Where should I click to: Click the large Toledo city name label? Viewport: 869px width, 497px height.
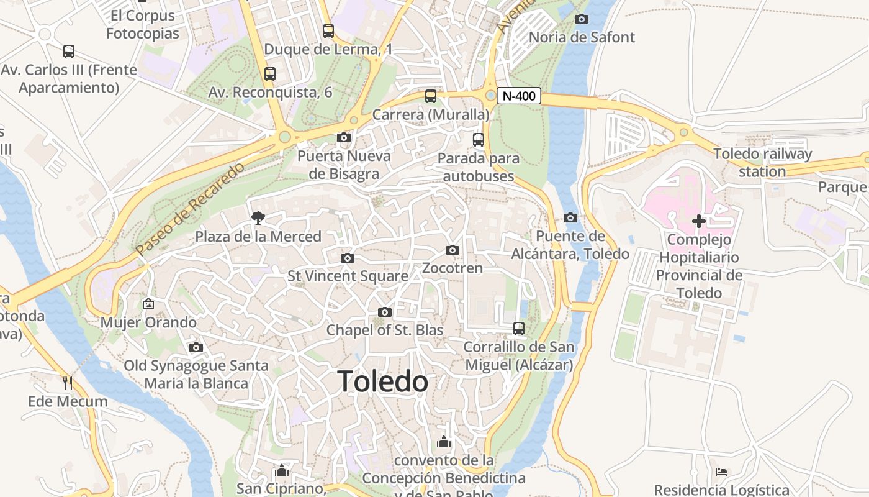click(x=383, y=381)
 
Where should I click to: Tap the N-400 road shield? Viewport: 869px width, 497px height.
click(x=519, y=96)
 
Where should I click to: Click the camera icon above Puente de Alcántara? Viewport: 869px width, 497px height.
click(x=570, y=217)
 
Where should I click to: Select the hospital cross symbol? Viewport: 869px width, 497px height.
click(x=699, y=221)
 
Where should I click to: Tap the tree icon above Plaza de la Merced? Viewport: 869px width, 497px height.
click(x=258, y=217)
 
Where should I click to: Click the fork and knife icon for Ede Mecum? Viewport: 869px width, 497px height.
click(x=68, y=383)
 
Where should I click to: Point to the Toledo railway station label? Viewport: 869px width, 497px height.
click(x=762, y=163)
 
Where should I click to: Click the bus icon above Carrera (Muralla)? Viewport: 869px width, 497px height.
click(x=431, y=96)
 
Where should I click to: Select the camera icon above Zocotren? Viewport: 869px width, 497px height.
click(x=453, y=250)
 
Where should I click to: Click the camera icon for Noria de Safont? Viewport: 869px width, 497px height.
click(x=582, y=19)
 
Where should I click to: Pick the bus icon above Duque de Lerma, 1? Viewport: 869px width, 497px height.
click(x=328, y=30)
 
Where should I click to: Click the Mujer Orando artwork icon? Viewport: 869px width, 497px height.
click(x=148, y=304)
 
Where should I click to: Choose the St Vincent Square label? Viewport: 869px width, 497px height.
click(x=348, y=276)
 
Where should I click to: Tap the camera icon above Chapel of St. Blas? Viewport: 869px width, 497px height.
click(x=385, y=312)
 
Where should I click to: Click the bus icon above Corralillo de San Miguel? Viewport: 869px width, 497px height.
click(x=519, y=328)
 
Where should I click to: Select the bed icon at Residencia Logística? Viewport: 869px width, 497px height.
click(x=721, y=472)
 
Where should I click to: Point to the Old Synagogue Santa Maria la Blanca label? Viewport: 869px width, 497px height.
click(x=196, y=374)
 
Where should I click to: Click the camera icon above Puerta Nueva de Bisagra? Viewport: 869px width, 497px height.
click(x=344, y=137)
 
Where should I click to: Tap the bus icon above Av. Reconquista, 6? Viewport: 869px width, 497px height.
click(x=270, y=74)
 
